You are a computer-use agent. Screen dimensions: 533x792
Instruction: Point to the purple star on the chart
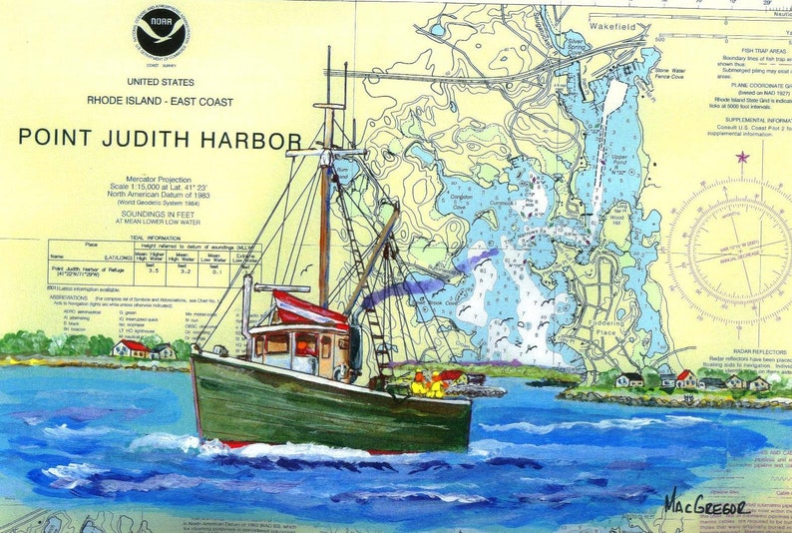coord(741,157)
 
